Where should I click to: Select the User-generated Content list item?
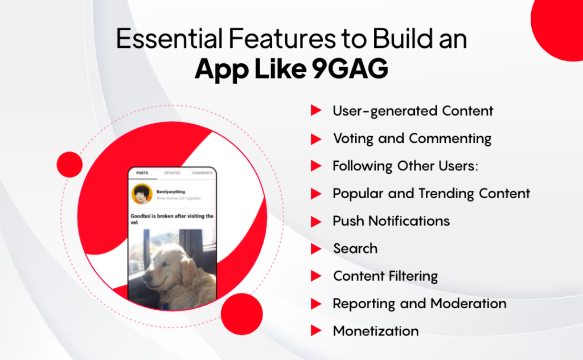[413, 111]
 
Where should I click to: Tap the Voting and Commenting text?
[412, 138]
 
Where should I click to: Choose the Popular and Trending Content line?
[431, 193]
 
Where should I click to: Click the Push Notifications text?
[391, 221]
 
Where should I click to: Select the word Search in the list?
[355, 248]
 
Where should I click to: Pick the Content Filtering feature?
[385, 276]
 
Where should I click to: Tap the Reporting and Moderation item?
[420, 304]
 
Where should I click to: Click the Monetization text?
[376, 331]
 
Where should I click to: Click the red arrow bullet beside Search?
[316, 249]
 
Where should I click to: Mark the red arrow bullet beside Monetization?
[316, 331]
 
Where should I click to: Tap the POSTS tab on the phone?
[142, 173]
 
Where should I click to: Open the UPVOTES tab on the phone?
[172, 173]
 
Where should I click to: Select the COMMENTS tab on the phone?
[202, 173]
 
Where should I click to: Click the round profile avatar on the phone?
[142, 194]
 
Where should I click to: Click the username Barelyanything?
[171, 192]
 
